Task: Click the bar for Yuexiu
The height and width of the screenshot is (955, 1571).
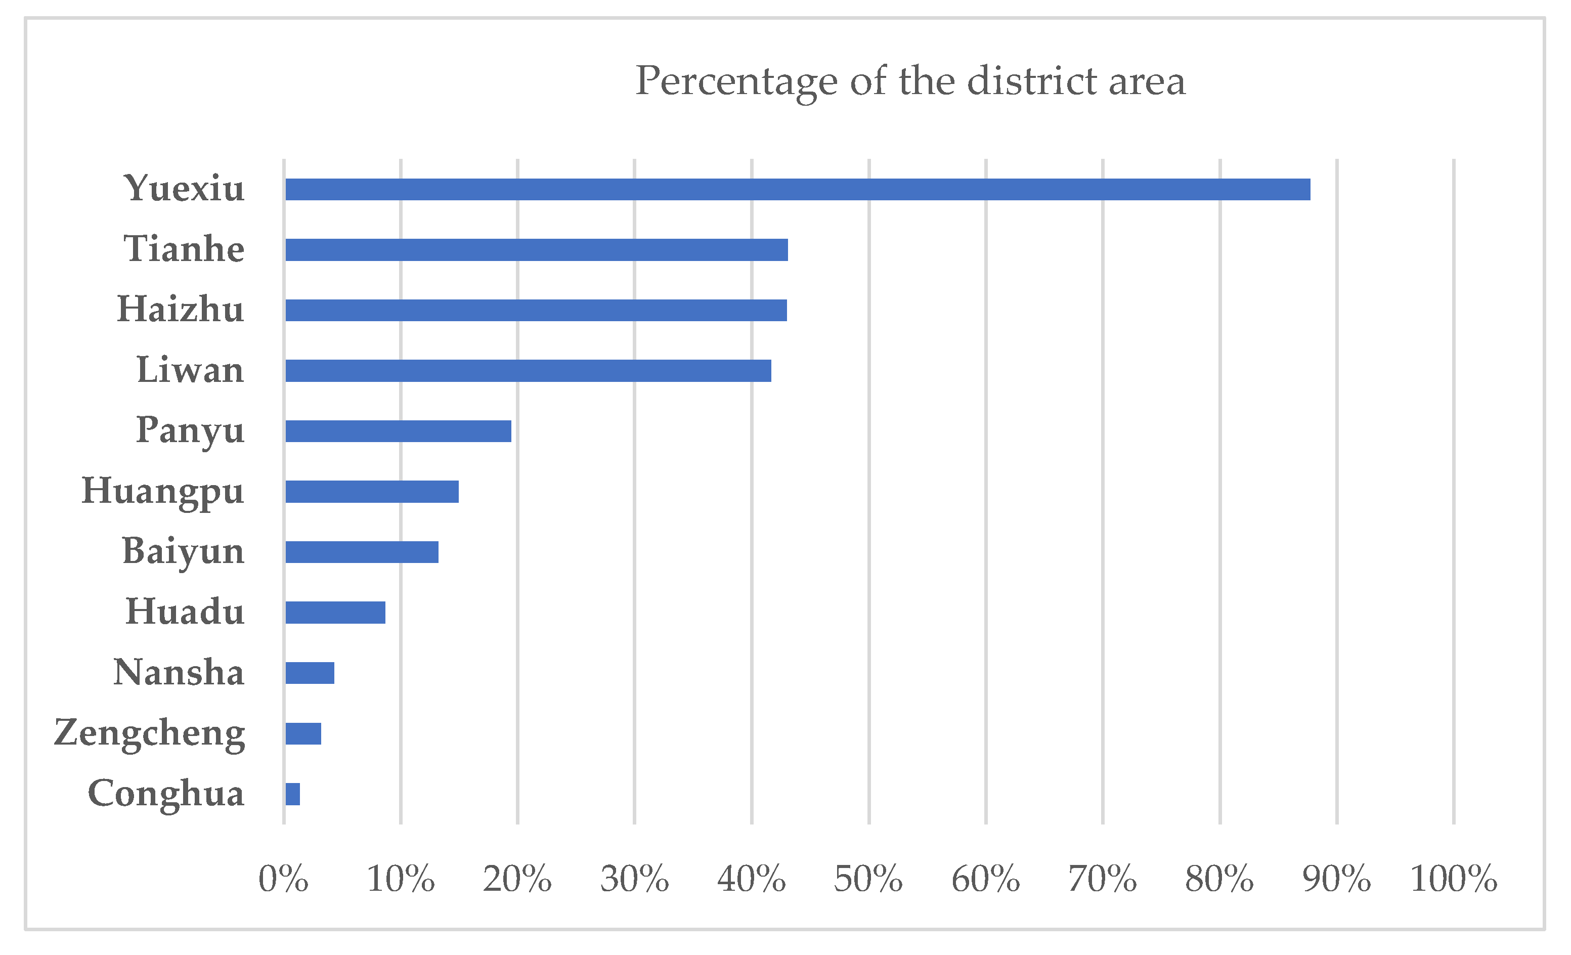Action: point(797,189)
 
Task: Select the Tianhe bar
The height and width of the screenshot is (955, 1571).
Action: point(536,250)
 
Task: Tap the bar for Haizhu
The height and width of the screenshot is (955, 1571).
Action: point(536,311)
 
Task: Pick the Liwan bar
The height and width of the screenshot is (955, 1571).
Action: point(528,371)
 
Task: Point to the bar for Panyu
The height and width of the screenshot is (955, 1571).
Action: point(398,431)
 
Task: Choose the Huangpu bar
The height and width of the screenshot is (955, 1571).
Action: point(372,492)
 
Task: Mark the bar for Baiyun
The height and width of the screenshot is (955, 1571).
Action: point(362,552)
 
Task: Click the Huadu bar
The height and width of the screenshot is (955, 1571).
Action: point(335,613)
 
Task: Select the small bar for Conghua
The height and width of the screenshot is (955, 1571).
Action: point(293,794)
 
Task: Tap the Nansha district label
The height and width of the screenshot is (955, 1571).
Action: point(179,673)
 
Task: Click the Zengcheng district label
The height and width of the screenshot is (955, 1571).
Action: point(150,733)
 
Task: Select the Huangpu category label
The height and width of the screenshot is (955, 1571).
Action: point(163,492)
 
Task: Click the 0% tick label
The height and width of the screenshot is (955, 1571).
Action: point(283,879)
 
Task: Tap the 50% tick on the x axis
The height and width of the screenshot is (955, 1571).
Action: point(868,879)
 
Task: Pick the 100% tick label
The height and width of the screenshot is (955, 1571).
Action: point(1453,879)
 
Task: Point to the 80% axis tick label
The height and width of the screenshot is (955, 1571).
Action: point(1219,879)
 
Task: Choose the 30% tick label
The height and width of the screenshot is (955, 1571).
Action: point(634,879)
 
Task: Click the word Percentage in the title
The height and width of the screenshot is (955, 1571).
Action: point(736,81)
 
